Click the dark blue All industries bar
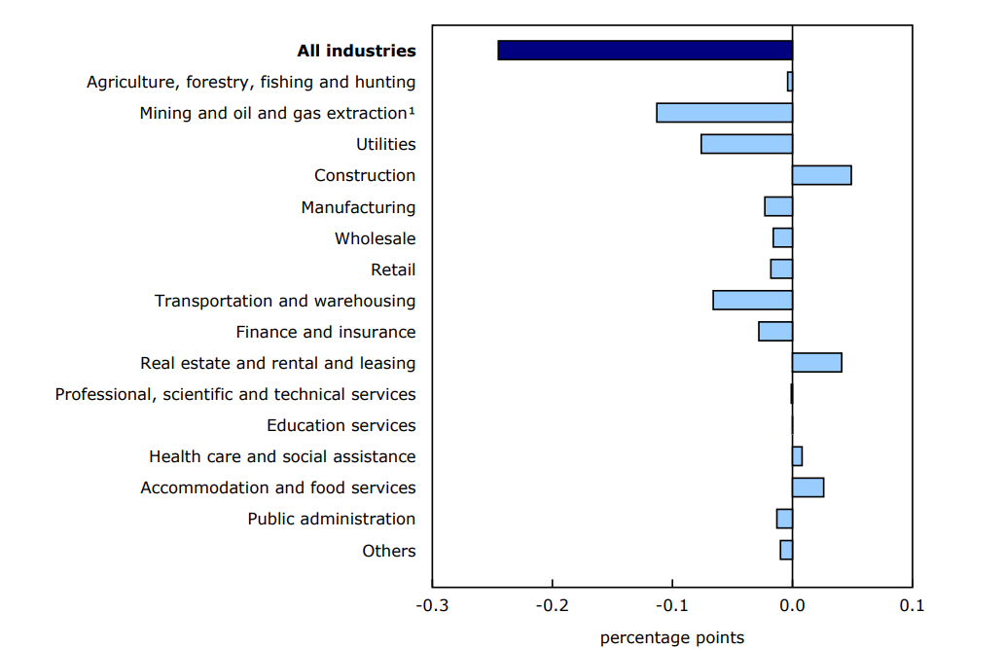(x=644, y=51)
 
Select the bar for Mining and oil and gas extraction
(x=724, y=113)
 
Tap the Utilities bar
(x=746, y=144)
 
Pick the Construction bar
(x=821, y=175)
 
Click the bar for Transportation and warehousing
(x=752, y=300)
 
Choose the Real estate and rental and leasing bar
(x=816, y=363)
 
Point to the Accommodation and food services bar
(x=808, y=487)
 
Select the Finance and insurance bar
(x=775, y=332)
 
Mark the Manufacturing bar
(x=778, y=206)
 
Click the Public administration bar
(x=784, y=519)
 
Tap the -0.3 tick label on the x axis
(x=432, y=606)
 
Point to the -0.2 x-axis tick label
(x=552, y=606)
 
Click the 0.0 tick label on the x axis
(x=792, y=606)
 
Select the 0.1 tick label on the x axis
(x=912, y=606)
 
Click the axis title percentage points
(x=672, y=638)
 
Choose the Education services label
(x=341, y=425)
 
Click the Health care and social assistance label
(x=282, y=456)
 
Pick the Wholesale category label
(x=375, y=238)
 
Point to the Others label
(x=388, y=551)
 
